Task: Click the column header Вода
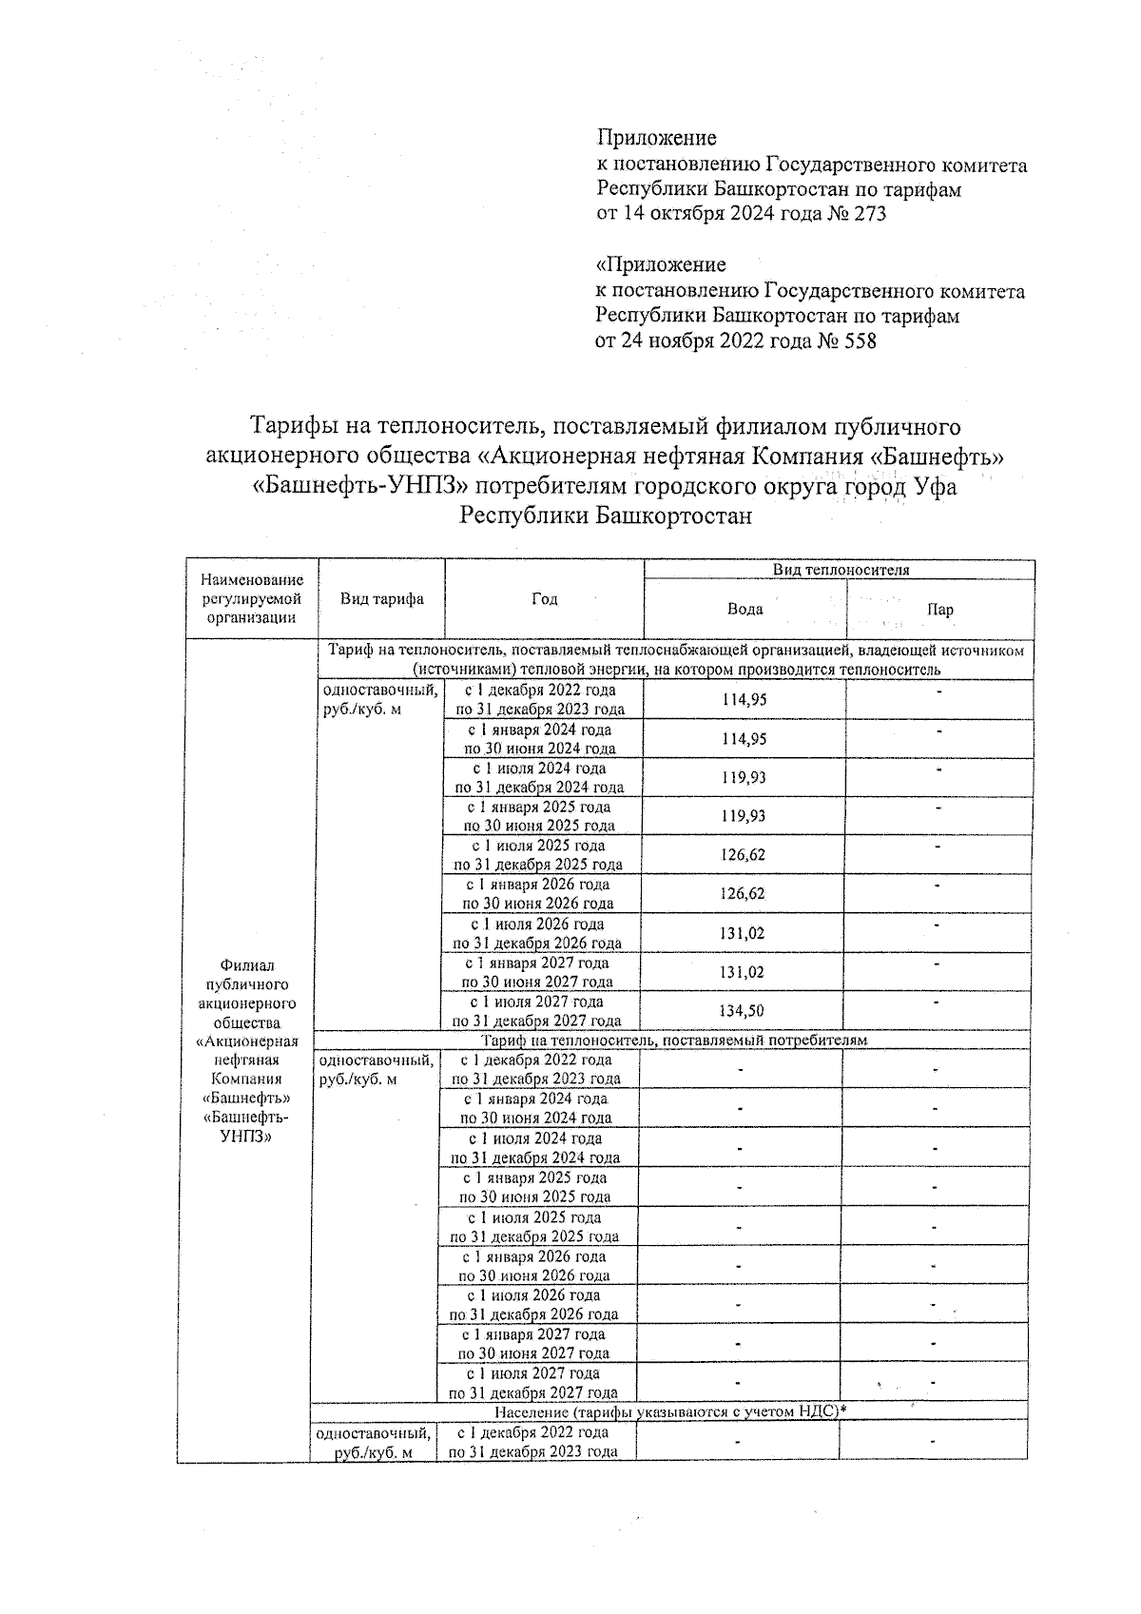click(745, 609)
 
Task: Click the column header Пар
click(939, 610)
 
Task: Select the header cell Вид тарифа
click(382, 598)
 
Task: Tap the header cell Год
click(544, 598)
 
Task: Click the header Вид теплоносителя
click(841, 570)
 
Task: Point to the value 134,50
click(742, 1011)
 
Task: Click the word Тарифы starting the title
click(291, 426)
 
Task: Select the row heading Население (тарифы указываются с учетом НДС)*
click(668, 1412)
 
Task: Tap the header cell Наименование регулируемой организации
click(252, 598)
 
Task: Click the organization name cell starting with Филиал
click(246, 1051)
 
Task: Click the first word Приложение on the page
click(656, 139)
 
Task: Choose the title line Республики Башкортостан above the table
click(605, 516)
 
